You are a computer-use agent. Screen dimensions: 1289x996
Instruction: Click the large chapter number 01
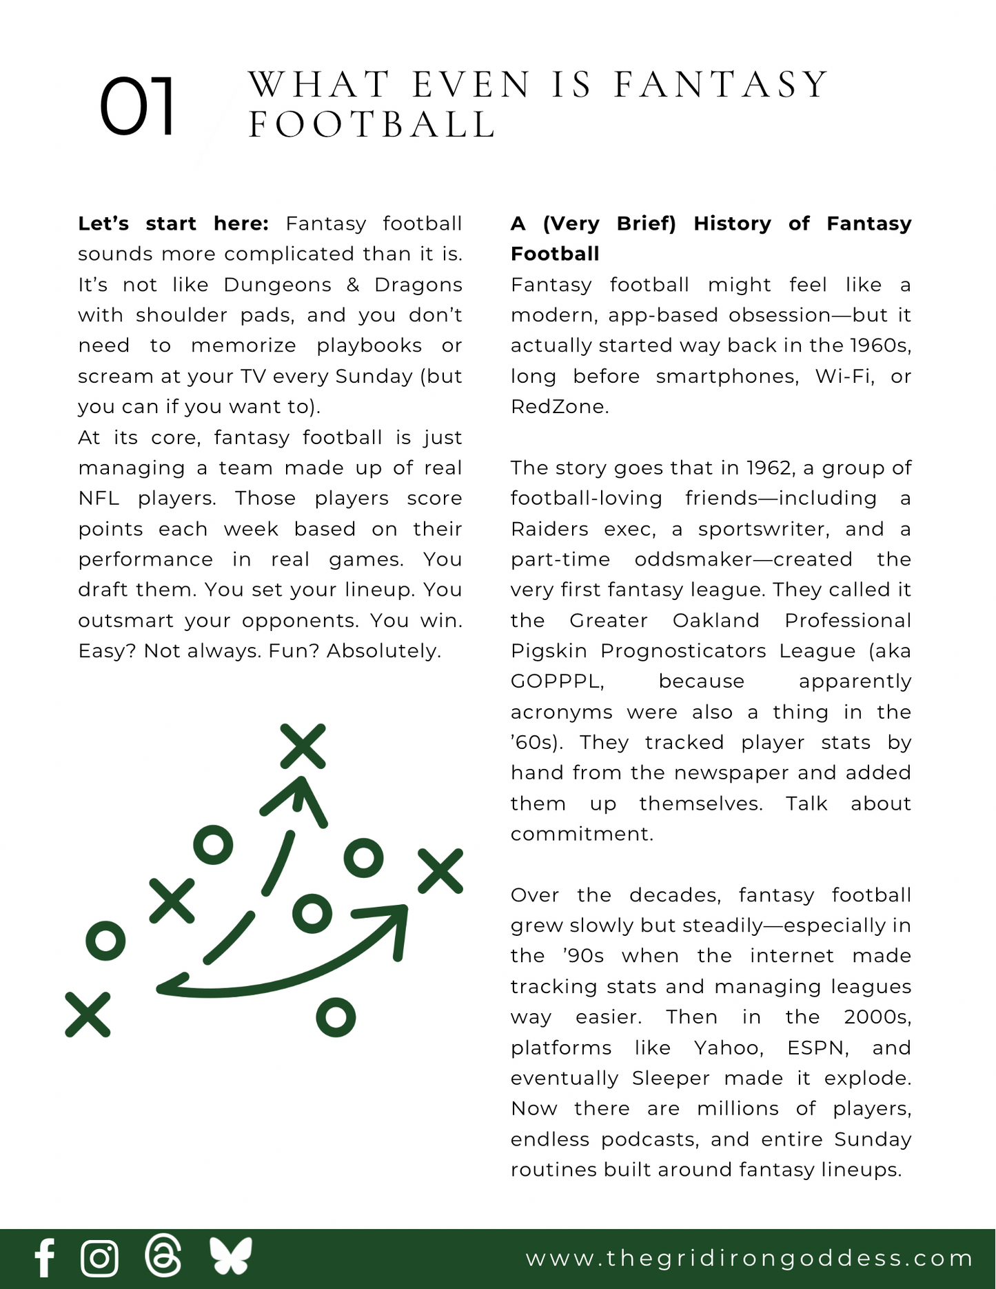click(x=137, y=107)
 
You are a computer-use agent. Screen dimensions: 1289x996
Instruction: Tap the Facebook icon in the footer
click(x=45, y=1258)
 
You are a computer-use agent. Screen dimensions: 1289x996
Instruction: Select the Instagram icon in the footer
click(x=100, y=1258)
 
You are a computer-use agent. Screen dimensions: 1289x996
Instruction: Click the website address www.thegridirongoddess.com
click(x=749, y=1258)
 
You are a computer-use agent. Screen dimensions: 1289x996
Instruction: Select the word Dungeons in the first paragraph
click(x=277, y=285)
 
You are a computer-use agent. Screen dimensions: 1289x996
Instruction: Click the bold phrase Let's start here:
click(x=173, y=223)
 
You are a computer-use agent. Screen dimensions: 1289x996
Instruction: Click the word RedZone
click(x=559, y=407)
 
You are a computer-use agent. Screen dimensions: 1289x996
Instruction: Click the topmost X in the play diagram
click(x=303, y=746)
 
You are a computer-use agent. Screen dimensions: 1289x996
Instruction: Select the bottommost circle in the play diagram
click(x=336, y=1017)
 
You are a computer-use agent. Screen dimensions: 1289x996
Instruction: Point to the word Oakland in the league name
click(x=715, y=621)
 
